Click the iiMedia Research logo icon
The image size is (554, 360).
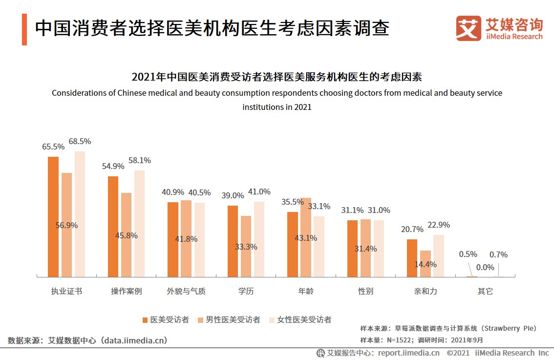(468, 28)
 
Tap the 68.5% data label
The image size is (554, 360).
(80, 141)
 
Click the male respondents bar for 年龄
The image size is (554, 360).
(306, 237)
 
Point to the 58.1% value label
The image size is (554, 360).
(139, 160)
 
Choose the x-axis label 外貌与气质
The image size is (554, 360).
(186, 291)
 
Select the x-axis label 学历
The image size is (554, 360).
(246, 291)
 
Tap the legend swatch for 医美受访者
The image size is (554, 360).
(145, 320)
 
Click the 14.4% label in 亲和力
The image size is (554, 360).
(426, 264)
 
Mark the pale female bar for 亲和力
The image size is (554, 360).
(439, 255)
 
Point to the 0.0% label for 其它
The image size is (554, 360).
(485, 267)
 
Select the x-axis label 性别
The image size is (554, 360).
(365, 291)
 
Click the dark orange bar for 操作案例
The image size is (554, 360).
(113, 226)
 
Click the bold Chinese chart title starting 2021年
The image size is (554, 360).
(277, 77)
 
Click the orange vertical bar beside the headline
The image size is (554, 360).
(24, 29)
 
